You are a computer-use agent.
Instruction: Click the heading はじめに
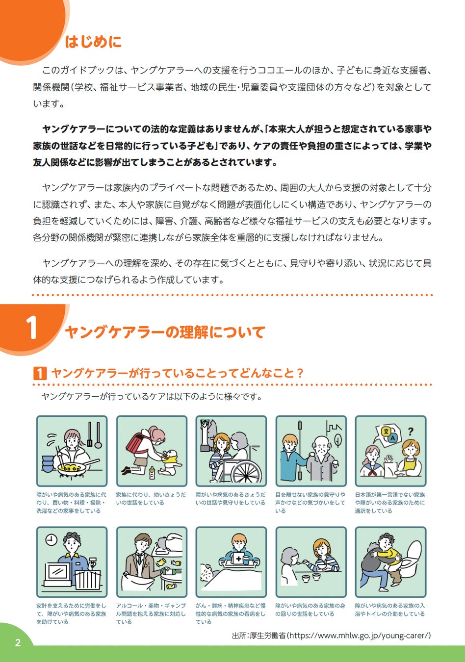tap(93, 42)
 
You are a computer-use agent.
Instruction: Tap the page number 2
tap(18, 643)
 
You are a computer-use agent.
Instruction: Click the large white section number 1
tap(31, 327)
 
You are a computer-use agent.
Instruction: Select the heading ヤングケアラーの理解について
tap(165, 332)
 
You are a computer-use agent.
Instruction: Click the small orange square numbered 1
tap(40, 373)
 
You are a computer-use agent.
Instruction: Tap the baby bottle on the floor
tap(152, 473)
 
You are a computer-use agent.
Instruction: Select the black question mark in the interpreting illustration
tap(410, 432)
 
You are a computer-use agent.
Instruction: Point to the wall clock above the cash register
tap(51, 540)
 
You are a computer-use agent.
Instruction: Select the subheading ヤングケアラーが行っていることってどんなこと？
tap(177, 373)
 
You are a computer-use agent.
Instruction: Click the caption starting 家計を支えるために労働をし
tap(71, 613)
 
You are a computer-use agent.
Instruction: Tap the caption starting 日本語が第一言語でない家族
tap(390, 503)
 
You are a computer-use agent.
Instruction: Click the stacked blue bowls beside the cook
tap(48, 464)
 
